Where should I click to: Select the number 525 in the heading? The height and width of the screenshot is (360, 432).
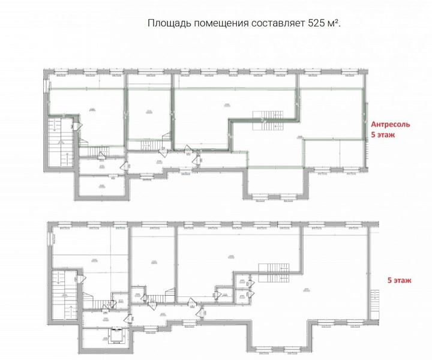click(317, 23)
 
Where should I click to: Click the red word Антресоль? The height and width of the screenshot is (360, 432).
click(391, 124)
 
